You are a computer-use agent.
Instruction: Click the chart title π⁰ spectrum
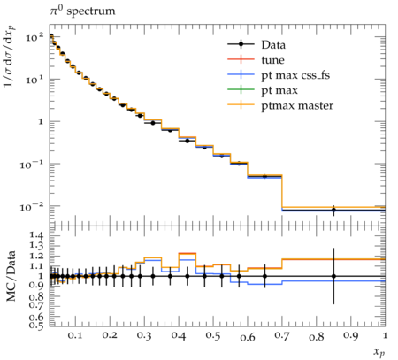pos(82,11)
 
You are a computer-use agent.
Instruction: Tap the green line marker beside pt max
pos(241,90)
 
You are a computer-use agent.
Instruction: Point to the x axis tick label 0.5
pos(213,336)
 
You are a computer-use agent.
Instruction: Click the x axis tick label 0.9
pos(350,336)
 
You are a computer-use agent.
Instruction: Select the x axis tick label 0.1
pos(75,336)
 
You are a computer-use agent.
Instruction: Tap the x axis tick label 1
pos(385,336)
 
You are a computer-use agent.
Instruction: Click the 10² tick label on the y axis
pos(34,37)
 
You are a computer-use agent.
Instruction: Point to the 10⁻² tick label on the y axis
pos(32,207)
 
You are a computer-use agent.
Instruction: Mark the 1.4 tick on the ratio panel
pos(36,235)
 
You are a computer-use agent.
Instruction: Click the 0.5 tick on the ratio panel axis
pos(36,326)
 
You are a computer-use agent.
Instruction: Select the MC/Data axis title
pos(11,276)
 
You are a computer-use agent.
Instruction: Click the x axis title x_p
pos(379,352)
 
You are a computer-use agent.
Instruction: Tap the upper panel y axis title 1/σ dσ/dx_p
pos(10,57)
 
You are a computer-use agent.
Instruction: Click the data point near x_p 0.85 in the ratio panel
pos(333,276)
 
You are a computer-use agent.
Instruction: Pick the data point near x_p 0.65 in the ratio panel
pos(264,276)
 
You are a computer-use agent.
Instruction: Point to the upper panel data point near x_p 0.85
pos(333,210)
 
